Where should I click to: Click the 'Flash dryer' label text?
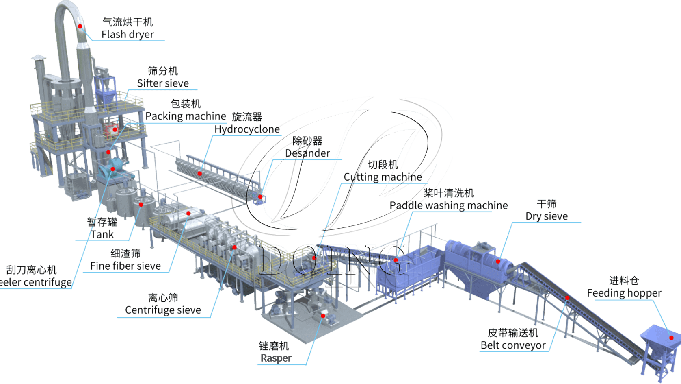[x=128, y=34]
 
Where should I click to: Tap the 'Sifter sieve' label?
[x=163, y=83]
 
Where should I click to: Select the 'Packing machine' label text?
[x=186, y=116]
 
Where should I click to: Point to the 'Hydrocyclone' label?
[x=247, y=129]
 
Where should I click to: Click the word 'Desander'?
[x=307, y=153]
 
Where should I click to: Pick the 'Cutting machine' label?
[x=383, y=177]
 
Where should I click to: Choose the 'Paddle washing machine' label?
[x=449, y=205]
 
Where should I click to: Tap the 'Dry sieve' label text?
[x=546, y=216]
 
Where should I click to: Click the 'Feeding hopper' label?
[x=624, y=293]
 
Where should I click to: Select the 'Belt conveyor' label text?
[x=513, y=345]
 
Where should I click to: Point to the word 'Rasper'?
[x=276, y=358]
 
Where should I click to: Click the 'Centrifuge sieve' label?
[x=163, y=310]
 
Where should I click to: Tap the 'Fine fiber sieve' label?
[x=125, y=266]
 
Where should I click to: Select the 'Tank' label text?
[x=102, y=235]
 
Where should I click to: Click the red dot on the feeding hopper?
[x=671, y=338]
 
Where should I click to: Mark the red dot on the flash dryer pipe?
[x=80, y=26]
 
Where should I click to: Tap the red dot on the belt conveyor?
[x=567, y=298]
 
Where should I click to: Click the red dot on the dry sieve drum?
[x=498, y=261]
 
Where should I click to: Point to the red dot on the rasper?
[x=323, y=316]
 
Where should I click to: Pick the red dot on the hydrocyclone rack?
[x=200, y=173]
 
